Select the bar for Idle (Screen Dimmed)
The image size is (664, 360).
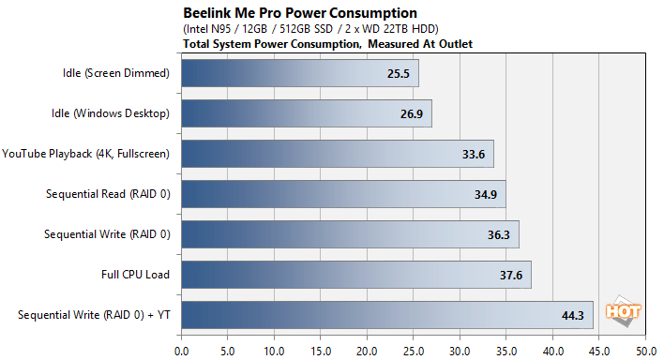(x=299, y=74)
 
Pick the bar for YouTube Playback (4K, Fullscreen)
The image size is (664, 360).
(x=337, y=155)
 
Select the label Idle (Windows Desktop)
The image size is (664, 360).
(x=111, y=113)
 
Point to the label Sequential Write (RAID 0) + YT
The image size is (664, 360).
(x=94, y=315)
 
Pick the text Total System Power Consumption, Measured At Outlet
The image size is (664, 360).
(x=327, y=43)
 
